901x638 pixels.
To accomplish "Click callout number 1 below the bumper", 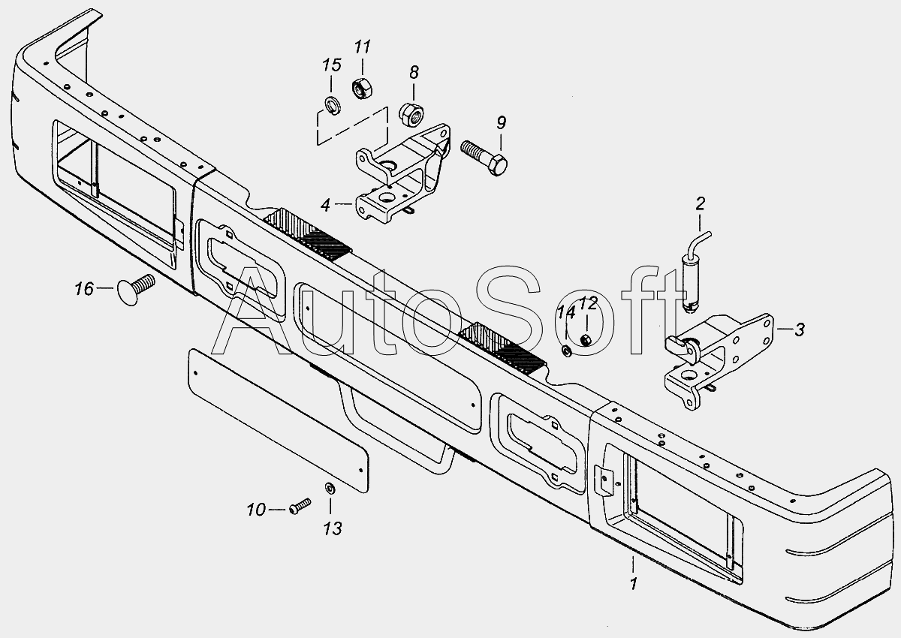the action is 634,584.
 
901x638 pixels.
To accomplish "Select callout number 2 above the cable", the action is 701,204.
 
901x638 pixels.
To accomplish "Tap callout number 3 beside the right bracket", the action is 800,330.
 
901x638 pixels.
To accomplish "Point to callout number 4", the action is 325,205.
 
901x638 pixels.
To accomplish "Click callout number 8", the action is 414,72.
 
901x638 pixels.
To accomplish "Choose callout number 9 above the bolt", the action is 502,122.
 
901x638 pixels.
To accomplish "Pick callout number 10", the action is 256,510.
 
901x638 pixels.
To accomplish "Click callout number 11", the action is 362,47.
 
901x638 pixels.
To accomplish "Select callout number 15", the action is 332,65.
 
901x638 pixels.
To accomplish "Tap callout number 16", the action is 84,289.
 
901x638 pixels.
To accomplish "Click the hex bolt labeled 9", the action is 484,156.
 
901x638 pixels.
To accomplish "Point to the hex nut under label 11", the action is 362,89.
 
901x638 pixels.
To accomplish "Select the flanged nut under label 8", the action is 411,114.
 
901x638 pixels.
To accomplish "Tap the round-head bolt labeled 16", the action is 135,289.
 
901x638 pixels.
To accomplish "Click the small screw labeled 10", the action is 300,506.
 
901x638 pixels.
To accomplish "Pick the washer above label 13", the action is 330,489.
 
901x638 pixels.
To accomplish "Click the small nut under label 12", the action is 585,340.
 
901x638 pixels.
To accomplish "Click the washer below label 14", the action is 566,351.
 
